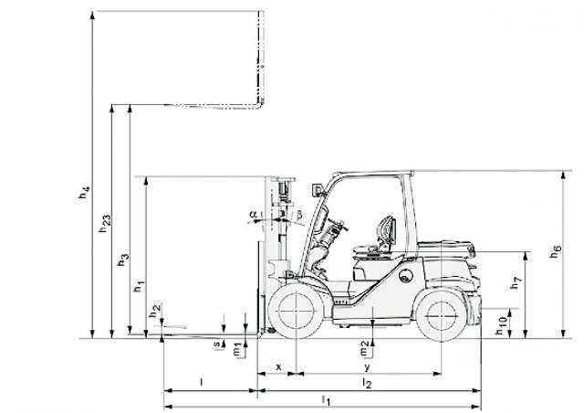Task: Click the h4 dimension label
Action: pyautogui.click(x=85, y=192)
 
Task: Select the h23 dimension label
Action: pyautogui.click(x=105, y=224)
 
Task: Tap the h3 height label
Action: pyautogui.click(x=123, y=259)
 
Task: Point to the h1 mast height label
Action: pyautogui.click(x=140, y=286)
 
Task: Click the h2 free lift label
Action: pyautogui.click(x=155, y=311)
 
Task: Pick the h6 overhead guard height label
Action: pyautogui.click(x=556, y=251)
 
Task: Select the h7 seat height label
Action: pyautogui.click(x=516, y=282)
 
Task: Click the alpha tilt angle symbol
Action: pyautogui.click(x=254, y=215)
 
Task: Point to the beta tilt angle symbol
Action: pyautogui.click(x=299, y=215)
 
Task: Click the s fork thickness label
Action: pyautogui.click(x=217, y=344)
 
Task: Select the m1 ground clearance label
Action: pyautogui.click(x=237, y=351)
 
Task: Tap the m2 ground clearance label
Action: pyautogui.click(x=364, y=349)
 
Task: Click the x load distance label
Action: pyautogui.click(x=279, y=366)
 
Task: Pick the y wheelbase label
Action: pyautogui.click(x=367, y=367)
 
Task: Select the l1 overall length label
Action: pyautogui.click(x=327, y=400)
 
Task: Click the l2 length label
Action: pyautogui.click(x=367, y=383)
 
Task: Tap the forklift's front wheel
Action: pyautogui.click(x=296, y=311)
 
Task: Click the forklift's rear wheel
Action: pyautogui.click(x=442, y=315)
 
